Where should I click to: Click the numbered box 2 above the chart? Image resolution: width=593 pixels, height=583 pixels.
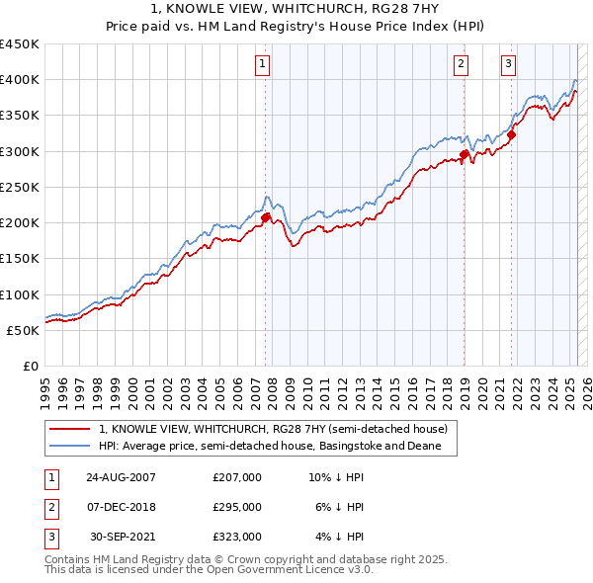pyautogui.click(x=462, y=65)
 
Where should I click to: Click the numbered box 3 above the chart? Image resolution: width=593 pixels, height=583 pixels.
pyautogui.click(x=509, y=65)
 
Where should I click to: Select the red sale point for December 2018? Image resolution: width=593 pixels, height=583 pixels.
pyautogui.click(x=465, y=154)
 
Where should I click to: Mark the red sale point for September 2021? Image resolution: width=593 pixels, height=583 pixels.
pyautogui.click(x=513, y=134)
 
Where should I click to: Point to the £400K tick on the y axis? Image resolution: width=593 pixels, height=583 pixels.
pyautogui.click(x=20, y=80)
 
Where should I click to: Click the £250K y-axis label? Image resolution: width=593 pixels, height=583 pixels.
pyautogui.click(x=20, y=187)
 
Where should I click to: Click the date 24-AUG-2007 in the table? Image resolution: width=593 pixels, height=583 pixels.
pyautogui.click(x=121, y=477)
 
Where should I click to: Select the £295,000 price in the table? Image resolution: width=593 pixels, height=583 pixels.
pyautogui.click(x=237, y=507)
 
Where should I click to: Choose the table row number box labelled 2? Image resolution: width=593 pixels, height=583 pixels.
pyautogui.click(x=50, y=507)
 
